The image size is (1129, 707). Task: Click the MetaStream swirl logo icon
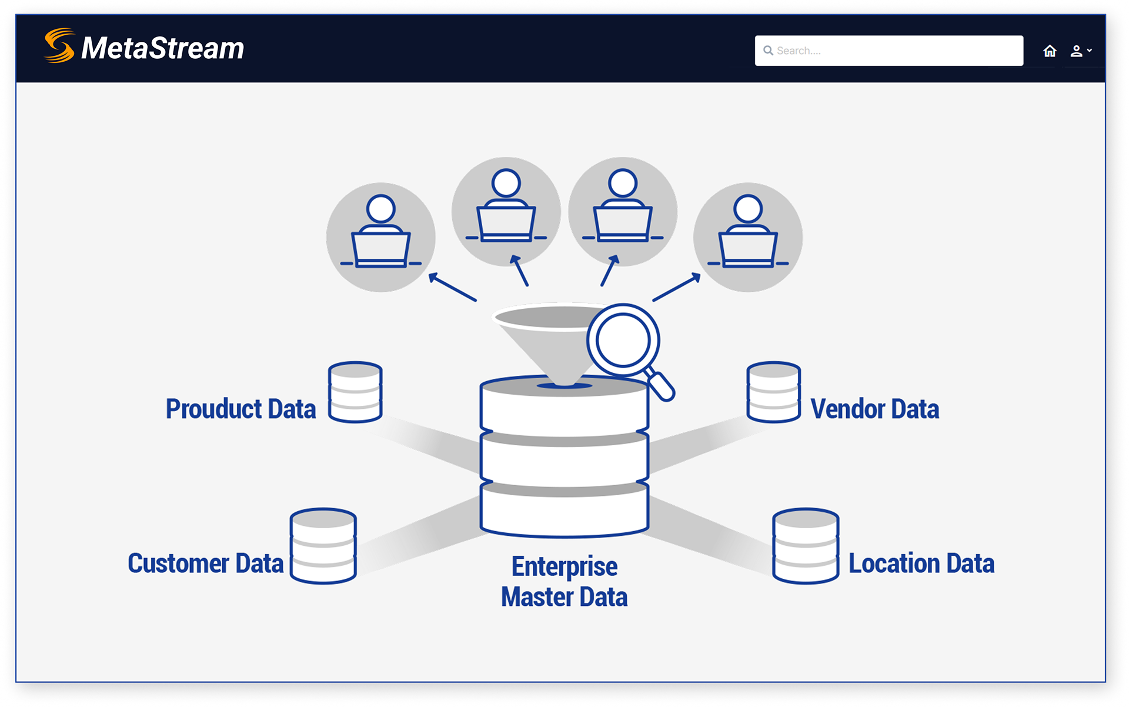[x=59, y=46]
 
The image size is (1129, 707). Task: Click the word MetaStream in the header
[x=163, y=48]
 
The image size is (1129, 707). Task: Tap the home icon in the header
[x=1050, y=51]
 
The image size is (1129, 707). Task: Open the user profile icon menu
[x=1080, y=51]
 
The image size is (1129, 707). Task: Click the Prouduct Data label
[x=241, y=409]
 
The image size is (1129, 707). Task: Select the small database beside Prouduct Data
[x=355, y=392]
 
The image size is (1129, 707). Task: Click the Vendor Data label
[x=874, y=409]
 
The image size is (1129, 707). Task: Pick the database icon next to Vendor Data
[x=773, y=392]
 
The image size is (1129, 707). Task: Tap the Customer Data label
[x=205, y=563]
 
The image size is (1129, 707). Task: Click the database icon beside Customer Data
[x=323, y=546]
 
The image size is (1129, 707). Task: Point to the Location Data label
[x=921, y=563]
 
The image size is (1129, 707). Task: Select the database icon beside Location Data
[x=805, y=546]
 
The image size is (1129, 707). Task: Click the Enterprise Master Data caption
[x=564, y=581]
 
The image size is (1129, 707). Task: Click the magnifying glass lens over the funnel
[x=623, y=340]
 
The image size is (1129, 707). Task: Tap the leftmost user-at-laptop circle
[x=381, y=237]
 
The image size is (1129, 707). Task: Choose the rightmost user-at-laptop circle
[x=748, y=237]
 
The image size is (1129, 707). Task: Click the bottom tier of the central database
[x=564, y=512]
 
